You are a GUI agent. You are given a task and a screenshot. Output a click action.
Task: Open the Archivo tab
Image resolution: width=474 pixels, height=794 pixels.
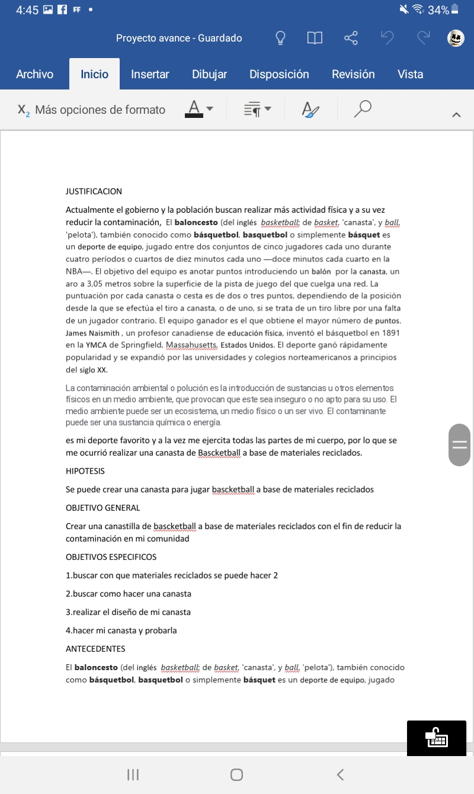[x=35, y=74]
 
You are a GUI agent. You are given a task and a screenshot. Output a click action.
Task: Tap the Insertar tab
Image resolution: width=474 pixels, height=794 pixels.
[x=150, y=74]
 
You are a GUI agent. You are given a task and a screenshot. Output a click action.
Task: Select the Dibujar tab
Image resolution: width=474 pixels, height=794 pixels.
[x=209, y=74]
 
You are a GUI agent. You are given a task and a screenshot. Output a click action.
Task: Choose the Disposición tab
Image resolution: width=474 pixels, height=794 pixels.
[x=279, y=74]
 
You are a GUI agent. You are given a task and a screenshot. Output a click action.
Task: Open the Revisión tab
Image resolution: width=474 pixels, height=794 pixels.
[x=353, y=74]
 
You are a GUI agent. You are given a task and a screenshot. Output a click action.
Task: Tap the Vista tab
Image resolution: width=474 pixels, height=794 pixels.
[x=411, y=74]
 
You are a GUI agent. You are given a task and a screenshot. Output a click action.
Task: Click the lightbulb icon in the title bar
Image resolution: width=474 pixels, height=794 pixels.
[x=280, y=39]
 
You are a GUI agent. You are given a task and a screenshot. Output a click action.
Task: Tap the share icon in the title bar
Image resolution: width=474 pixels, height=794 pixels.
[x=351, y=39]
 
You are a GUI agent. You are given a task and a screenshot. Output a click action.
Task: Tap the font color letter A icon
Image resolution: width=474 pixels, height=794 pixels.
[x=193, y=108]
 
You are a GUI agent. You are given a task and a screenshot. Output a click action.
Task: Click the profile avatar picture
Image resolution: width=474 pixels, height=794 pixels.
[x=455, y=39]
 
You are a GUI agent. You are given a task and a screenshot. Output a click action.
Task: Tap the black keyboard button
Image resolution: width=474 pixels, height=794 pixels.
[x=437, y=738]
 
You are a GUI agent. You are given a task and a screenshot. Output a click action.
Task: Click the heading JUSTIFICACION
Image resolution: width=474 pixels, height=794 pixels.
[x=94, y=191]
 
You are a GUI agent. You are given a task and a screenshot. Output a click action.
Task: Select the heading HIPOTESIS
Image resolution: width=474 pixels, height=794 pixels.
[x=85, y=471]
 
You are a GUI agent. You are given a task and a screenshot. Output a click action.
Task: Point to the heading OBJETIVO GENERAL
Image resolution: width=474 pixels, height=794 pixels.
[x=103, y=508]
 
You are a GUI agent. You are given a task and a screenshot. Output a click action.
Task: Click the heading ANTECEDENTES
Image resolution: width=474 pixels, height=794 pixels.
[x=95, y=649]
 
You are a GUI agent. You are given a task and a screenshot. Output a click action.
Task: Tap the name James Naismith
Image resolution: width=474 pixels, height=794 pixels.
[x=93, y=333]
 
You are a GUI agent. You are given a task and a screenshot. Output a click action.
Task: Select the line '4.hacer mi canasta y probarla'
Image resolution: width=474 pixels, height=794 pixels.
[x=121, y=630]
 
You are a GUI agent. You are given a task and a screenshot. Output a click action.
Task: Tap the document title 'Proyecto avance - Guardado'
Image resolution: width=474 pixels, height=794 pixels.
[x=179, y=39]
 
